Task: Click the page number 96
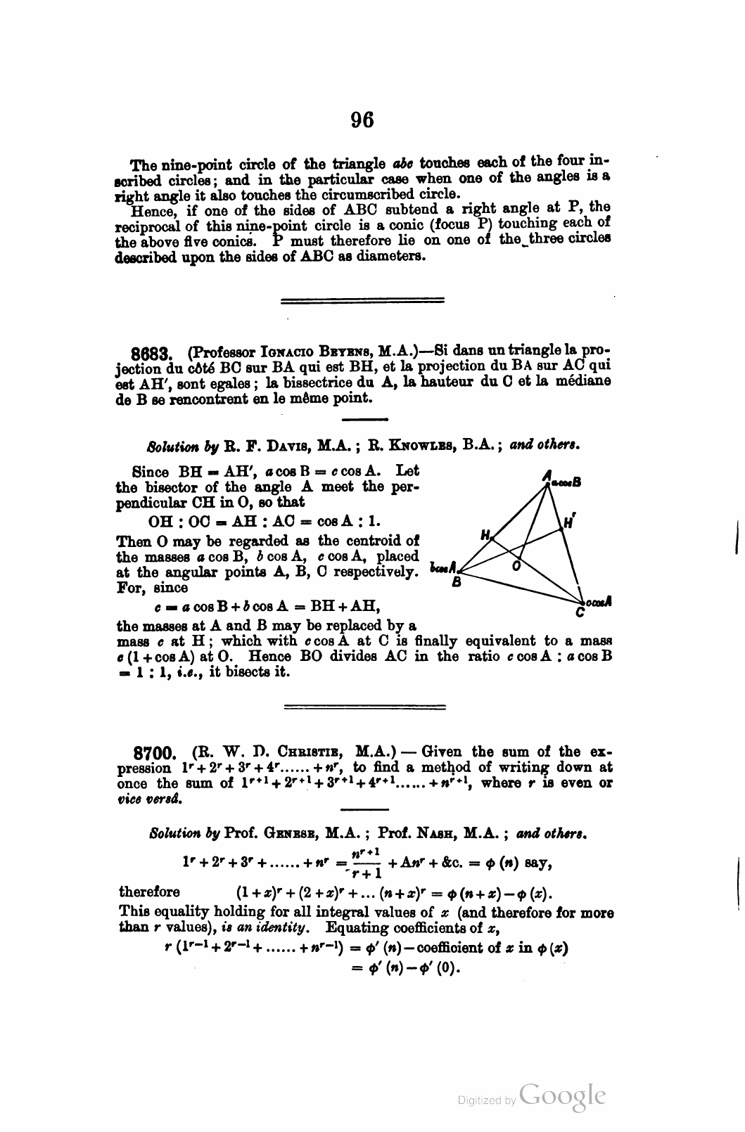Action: pyautogui.click(x=362, y=120)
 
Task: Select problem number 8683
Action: pyautogui.click(x=155, y=352)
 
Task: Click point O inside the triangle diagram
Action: pyautogui.click(x=516, y=565)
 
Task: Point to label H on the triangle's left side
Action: pyautogui.click(x=484, y=535)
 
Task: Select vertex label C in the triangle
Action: pyautogui.click(x=579, y=613)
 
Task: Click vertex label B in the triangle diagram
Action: pyautogui.click(x=457, y=582)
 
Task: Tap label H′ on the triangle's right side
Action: pyautogui.click(x=571, y=522)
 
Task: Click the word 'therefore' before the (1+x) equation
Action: pyautogui.click(x=149, y=892)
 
